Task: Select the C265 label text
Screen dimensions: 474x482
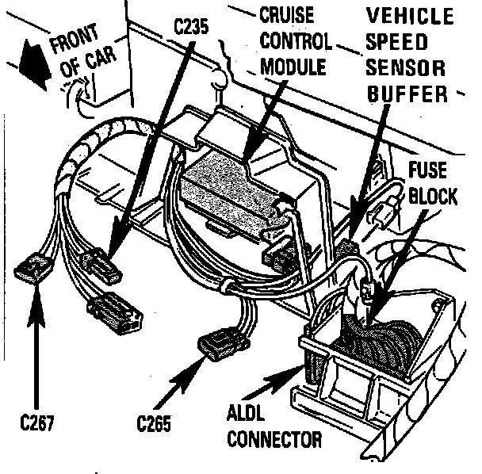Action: [154, 421]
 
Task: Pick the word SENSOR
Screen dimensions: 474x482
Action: [405, 68]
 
